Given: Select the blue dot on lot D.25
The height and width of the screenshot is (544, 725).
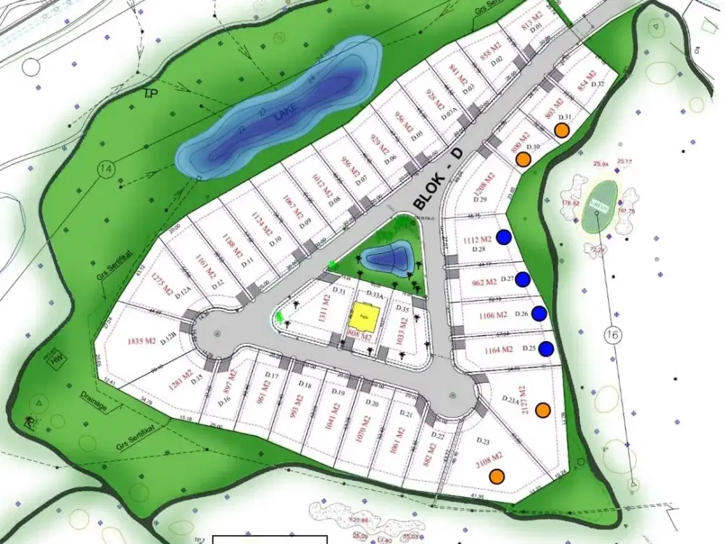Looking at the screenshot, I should coord(547,349).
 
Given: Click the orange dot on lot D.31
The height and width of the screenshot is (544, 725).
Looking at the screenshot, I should coord(561,129).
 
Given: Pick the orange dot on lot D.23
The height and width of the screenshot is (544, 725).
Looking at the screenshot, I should coord(497,476).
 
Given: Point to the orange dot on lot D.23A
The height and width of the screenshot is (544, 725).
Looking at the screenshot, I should coord(542,411).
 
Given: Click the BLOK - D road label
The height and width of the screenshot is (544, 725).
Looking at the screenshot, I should coord(438,178).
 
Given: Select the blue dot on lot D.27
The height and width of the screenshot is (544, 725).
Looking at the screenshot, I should coord(523,279).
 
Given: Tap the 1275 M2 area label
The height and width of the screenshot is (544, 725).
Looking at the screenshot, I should coord(160,284).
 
